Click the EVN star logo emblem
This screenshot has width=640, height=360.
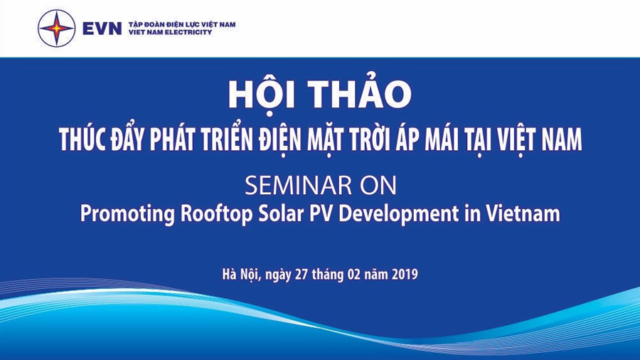click(57, 28)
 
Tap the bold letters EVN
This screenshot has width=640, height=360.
click(102, 28)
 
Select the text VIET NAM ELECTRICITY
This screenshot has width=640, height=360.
click(170, 32)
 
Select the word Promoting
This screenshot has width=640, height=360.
click(127, 214)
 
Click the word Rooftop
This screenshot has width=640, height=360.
click(217, 214)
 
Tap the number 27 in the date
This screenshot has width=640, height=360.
click(302, 274)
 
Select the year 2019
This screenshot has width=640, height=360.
click(405, 274)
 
